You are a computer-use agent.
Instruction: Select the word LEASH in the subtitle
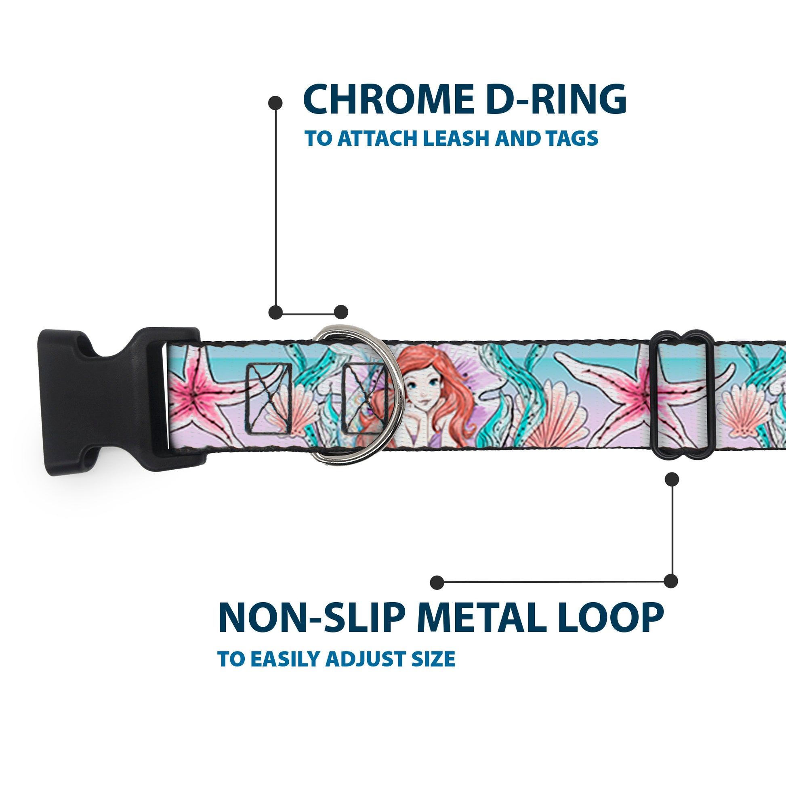(x=458, y=138)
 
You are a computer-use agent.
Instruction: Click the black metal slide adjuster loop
(x=683, y=394)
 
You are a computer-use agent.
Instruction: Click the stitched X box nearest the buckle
(x=268, y=399)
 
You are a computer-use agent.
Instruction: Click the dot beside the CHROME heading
(x=275, y=103)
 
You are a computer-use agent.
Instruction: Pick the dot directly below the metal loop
(x=672, y=479)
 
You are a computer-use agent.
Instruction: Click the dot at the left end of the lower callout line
(x=437, y=582)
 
